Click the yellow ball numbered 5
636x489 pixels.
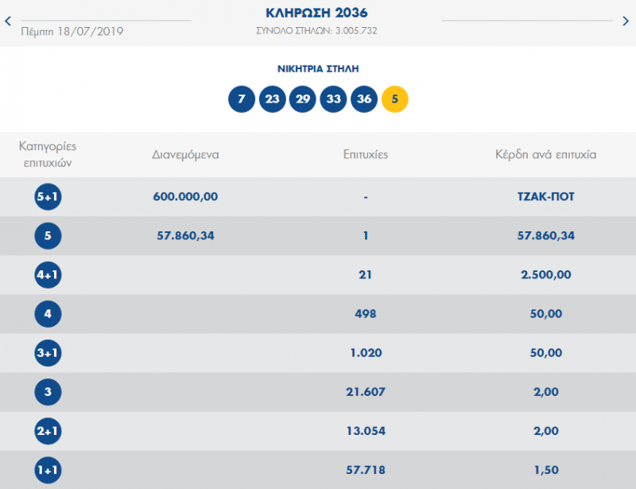[395, 99]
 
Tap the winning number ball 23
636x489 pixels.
[272, 99]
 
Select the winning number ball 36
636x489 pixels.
[364, 99]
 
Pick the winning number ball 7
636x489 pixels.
[242, 99]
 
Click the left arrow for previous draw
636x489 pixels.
[8, 21]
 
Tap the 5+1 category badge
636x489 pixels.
[48, 196]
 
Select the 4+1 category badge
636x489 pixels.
[48, 275]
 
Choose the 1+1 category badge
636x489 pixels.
[48, 471]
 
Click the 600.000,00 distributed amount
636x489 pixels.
[185, 196]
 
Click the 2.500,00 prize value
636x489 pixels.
[545, 275]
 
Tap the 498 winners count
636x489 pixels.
[365, 314]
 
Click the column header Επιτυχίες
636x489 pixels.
[365, 154]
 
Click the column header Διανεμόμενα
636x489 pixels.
[185, 154]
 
